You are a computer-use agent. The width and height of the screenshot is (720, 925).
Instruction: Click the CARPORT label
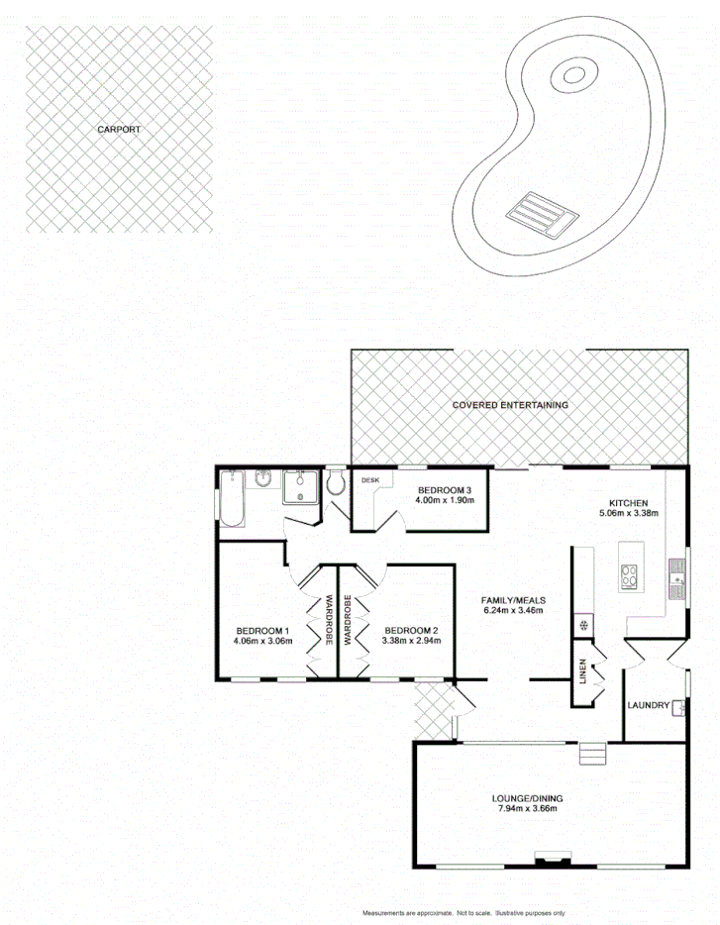(x=118, y=130)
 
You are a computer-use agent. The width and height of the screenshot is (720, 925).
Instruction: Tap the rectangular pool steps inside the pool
(x=541, y=211)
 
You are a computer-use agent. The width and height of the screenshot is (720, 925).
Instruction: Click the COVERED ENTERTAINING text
(x=510, y=405)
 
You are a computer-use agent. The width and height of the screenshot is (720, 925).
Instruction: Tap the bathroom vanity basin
(x=262, y=479)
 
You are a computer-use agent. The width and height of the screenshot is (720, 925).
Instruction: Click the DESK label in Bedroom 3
(x=370, y=480)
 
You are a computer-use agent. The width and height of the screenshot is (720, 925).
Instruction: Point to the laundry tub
(x=677, y=707)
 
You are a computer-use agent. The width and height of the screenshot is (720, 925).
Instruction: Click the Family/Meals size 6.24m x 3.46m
(x=513, y=612)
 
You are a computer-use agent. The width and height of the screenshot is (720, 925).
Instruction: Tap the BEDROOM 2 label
(x=410, y=631)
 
